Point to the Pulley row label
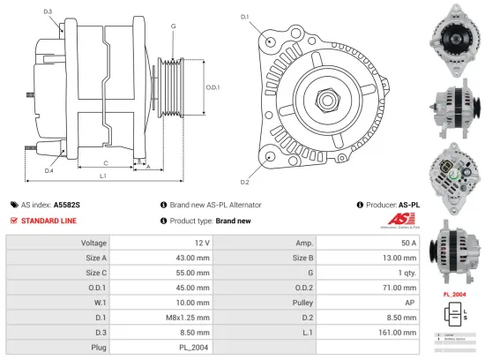pyautogui.click(x=299, y=302)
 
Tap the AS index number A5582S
pyautogui.click(x=67, y=205)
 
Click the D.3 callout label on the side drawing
pyautogui.click(x=48, y=11)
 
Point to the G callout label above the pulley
pyautogui.click(x=174, y=26)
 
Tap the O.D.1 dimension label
pyautogui.click(x=213, y=87)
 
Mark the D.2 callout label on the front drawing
pyautogui.click(x=244, y=182)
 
